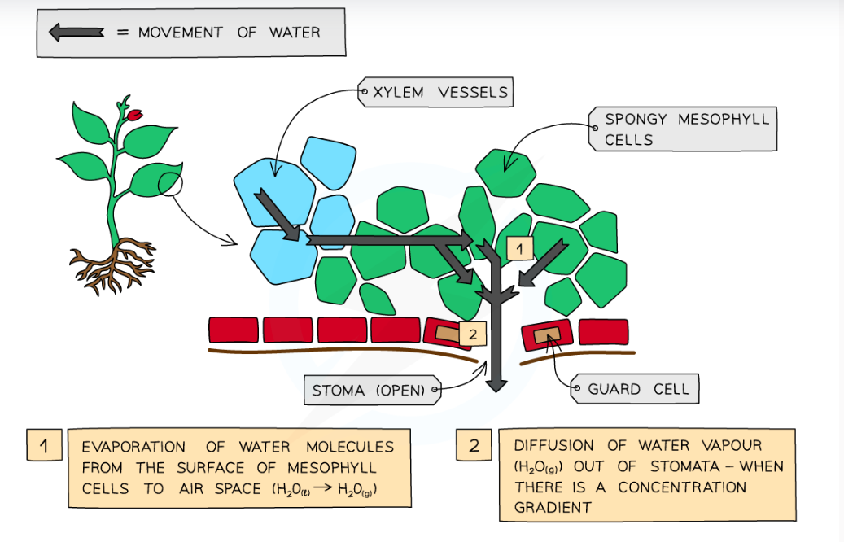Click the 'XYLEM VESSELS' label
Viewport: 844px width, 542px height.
pyautogui.click(x=439, y=92)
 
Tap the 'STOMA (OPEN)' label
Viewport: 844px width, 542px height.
pyautogui.click(x=369, y=390)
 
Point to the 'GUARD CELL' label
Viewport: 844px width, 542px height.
pyautogui.click(x=638, y=389)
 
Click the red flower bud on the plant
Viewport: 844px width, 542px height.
pyautogui.click(x=134, y=115)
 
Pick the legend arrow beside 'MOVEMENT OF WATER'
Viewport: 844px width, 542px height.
pyautogui.click(x=77, y=33)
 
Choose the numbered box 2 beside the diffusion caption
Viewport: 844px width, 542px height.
pyautogui.click(x=474, y=445)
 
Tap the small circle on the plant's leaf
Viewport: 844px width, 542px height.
pyautogui.click(x=172, y=186)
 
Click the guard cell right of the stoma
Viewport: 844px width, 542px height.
pyautogui.click(x=546, y=333)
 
